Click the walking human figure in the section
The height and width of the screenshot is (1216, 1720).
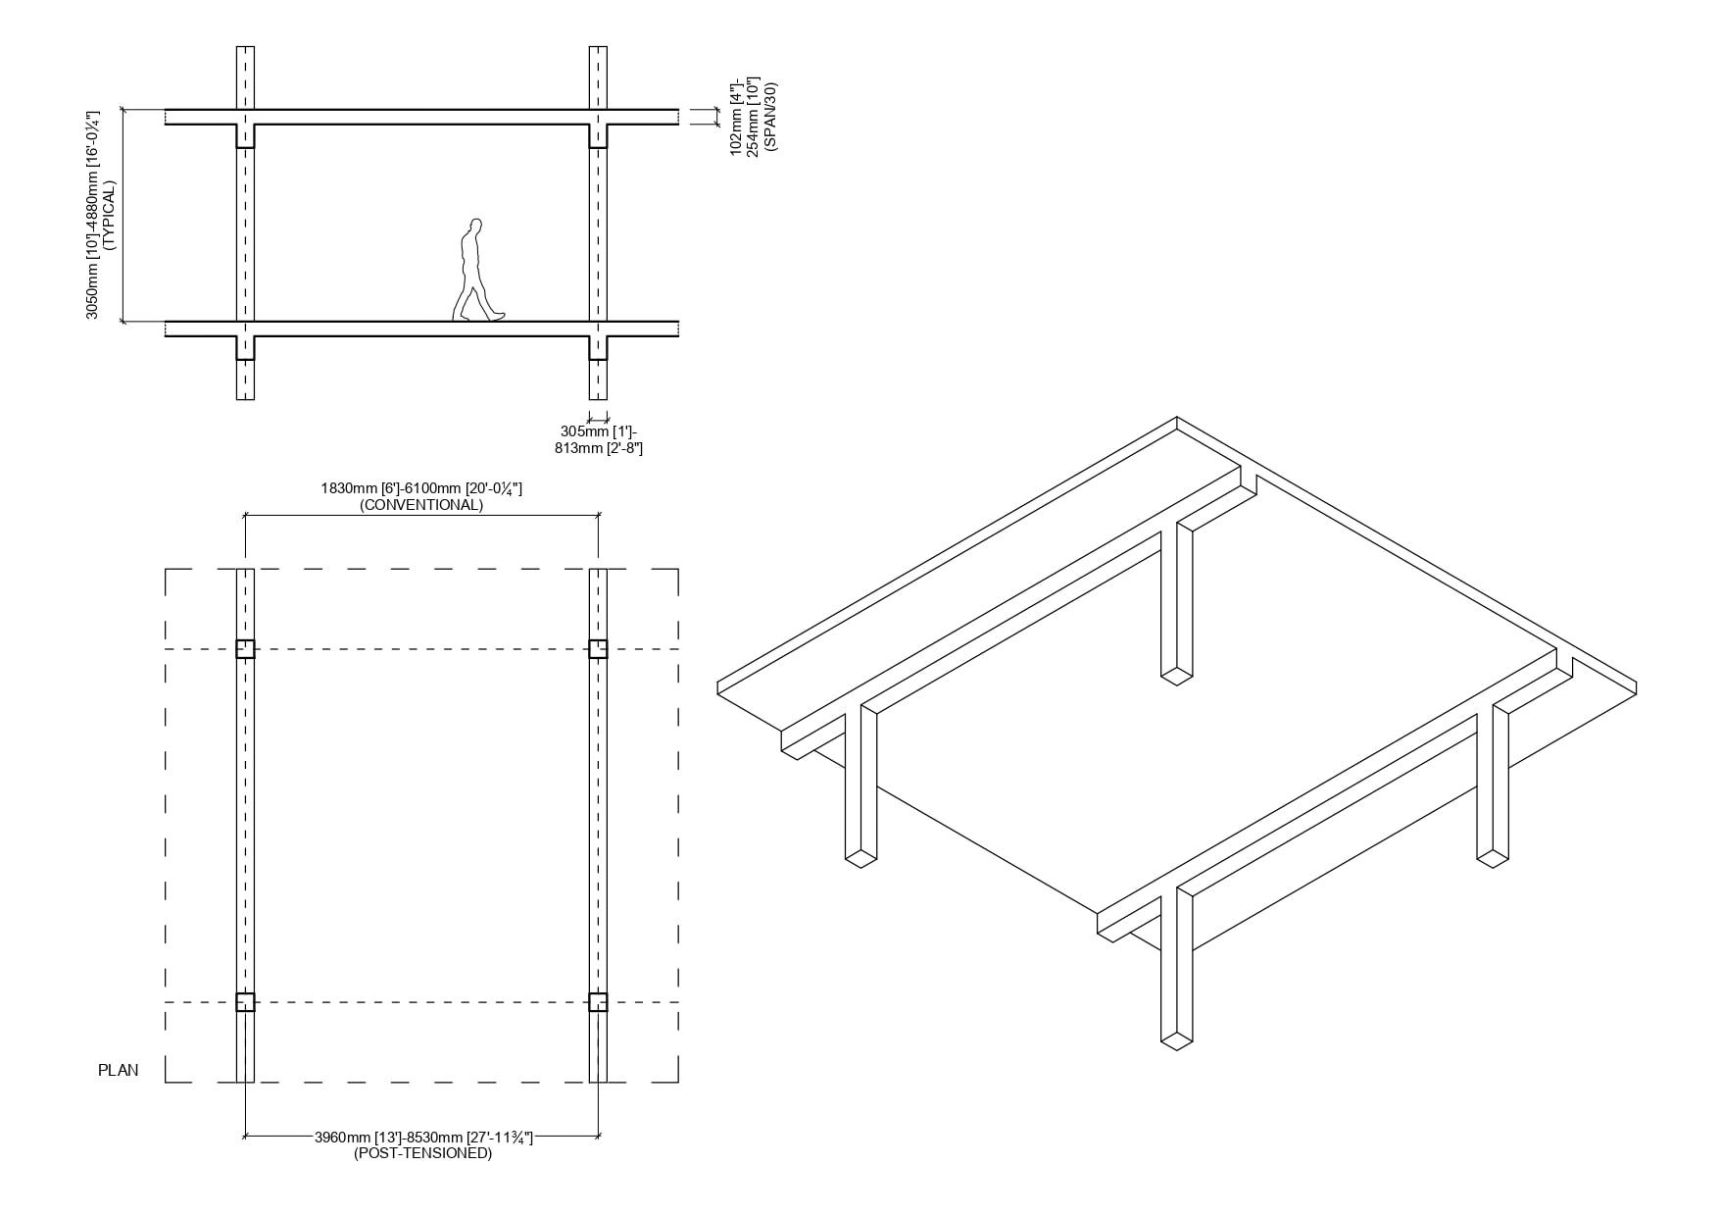[x=478, y=270]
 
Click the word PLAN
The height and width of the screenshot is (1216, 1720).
[x=119, y=1070]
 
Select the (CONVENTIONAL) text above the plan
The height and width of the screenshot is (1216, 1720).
[x=421, y=505]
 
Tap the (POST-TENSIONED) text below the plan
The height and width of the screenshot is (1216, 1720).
[x=422, y=1153]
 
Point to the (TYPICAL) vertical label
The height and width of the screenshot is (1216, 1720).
[x=109, y=216]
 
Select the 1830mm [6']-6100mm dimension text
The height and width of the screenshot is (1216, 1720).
[x=421, y=488]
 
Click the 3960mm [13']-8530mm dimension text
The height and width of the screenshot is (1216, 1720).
[x=422, y=1138]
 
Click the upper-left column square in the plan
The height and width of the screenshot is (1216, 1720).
[x=245, y=649]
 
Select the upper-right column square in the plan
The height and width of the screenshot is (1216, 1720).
[x=598, y=649]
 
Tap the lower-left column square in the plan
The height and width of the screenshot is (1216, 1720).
[x=245, y=1002]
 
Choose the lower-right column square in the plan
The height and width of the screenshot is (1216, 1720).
[x=598, y=1002]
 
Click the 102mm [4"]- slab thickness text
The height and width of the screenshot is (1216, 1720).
[x=737, y=116]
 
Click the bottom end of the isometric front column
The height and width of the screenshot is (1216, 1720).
[x=1177, y=1041]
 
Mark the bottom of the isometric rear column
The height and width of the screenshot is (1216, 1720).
[x=1177, y=676]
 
